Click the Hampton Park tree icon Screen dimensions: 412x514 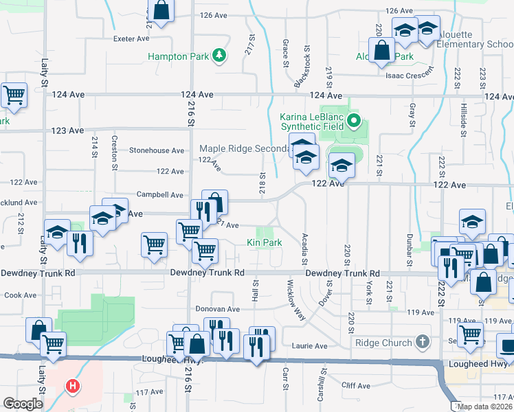[219, 56]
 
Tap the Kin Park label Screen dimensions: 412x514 [265, 242]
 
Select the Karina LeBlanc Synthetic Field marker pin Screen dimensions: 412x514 [355, 122]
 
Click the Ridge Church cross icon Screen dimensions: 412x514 [422, 341]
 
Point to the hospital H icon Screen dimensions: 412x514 [72, 387]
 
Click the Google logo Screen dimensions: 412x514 [22, 404]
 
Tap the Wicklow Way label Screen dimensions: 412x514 [297, 299]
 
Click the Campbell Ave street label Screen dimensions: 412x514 [159, 195]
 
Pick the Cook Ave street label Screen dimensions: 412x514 [20, 295]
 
